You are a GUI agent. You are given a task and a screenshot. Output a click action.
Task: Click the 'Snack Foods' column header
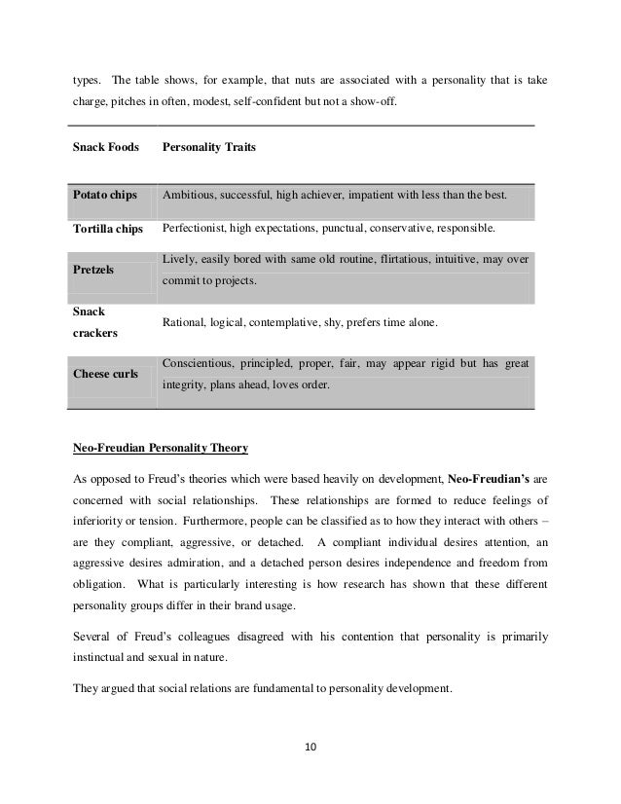[x=106, y=149]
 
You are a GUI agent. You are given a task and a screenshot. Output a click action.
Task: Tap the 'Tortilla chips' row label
[x=108, y=229]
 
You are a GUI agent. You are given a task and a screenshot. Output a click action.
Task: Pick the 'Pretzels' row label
[x=94, y=272]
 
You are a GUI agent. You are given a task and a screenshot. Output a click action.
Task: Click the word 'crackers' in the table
[x=95, y=333]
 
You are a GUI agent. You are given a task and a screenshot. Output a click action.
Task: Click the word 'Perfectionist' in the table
[x=195, y=229]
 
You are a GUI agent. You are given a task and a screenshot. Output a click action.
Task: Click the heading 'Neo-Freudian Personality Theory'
[x=161, y=448]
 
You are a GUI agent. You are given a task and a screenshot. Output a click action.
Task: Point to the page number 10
[x=311, y=749]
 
